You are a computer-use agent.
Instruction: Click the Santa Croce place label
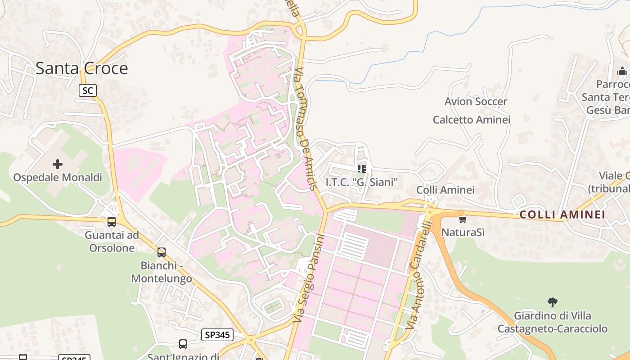pos(81,68)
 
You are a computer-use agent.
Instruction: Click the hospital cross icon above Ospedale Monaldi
pos(58,164)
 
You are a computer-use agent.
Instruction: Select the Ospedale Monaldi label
pos(58,177)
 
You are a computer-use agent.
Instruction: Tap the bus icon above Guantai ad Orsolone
pos(112,221)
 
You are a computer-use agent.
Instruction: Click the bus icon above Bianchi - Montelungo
pos(162,252)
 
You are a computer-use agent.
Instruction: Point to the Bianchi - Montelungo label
pos(162,272)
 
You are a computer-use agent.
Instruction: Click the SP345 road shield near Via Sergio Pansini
pos(217,334)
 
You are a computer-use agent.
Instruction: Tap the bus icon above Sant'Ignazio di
pos(183,344)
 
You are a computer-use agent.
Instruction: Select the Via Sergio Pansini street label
pos(308,278)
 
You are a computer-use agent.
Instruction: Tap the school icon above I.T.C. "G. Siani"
pos(361,169)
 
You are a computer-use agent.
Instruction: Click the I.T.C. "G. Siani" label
pos(362,182)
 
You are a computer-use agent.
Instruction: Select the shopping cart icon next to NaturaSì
pos(463,219)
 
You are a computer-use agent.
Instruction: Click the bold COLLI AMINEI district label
pos(562,215)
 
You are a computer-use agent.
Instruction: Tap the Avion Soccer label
pos(476,102)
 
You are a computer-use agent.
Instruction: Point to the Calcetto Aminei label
pos(471,120)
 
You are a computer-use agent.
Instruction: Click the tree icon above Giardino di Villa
pos(552,302)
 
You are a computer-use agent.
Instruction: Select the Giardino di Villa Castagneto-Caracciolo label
pos(552,322)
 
